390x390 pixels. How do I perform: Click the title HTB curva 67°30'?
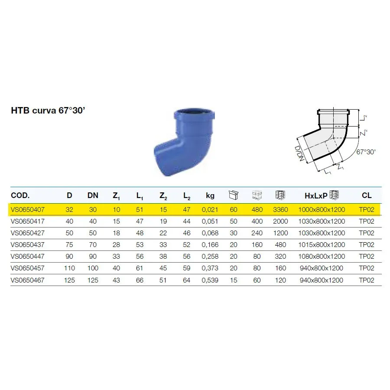(48, 110)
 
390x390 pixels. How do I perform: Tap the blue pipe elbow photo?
(184, 142)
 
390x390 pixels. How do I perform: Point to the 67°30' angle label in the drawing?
(366, 152)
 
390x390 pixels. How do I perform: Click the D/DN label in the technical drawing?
(299, 154)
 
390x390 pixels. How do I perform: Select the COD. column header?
(20, 195)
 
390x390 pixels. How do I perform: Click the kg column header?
(210, 196)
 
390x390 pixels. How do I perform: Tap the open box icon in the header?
(234, 195)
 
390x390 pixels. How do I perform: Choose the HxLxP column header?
(316, 196)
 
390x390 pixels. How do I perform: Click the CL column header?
(367, 195)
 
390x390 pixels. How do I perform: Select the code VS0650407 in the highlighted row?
(28, 210)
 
